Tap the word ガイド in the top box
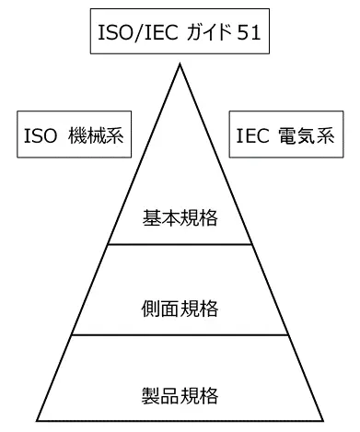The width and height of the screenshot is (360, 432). point(203,34)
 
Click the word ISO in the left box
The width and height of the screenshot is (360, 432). point(40,136)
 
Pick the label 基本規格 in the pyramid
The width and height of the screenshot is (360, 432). point(180,218)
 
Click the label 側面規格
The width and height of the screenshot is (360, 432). point(180,307)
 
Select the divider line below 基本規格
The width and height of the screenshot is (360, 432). point(180,244)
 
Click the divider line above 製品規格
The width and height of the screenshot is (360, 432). point(180,334)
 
